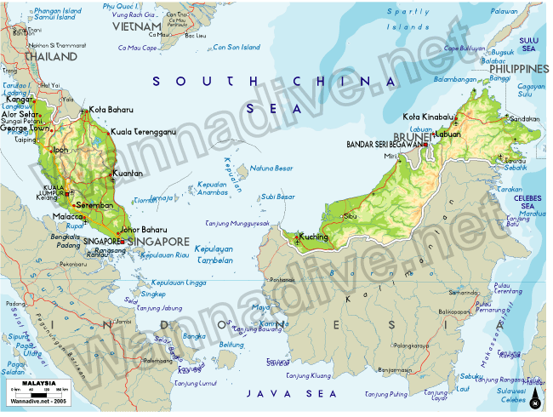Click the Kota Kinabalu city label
coord(429,117)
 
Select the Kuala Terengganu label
coord(143,132)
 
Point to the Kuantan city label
coord(127,174)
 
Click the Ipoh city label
coord(60,150)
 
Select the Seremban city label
coord(94,205)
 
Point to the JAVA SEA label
coord(277,393)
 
